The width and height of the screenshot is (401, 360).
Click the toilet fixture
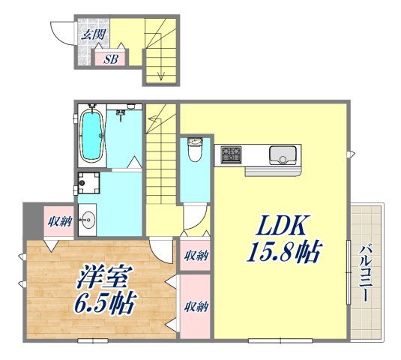194,150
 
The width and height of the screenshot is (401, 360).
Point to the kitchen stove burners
230,155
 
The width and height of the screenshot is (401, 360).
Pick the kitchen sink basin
284,155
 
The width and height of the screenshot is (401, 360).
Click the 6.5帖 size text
105,303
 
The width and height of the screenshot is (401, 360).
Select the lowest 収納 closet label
196,306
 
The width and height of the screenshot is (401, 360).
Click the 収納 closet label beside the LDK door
196,255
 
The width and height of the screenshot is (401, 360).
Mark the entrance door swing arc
59,34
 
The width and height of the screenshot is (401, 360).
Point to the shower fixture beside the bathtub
121,114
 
